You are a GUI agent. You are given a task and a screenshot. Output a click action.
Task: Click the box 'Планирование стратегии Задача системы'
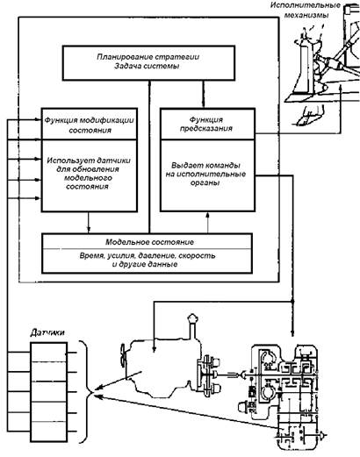pyautogui.click(x=148, y=62)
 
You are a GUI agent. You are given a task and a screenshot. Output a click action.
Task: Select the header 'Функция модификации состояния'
pyautogui.click(x=90, y=125)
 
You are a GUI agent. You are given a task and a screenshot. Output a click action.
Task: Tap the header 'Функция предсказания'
pyautogui.click(x=206, y=124)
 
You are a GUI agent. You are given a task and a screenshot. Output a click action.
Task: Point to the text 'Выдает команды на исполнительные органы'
pyautogui.click(x=205, y=174)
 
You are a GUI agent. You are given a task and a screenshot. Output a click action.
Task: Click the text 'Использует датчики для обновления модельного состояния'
pyautogui.click(x=89, y=173)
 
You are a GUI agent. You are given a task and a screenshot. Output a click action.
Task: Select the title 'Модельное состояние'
pyautogui.click(x=149, y=242)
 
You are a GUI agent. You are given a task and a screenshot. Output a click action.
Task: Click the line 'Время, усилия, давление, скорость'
pyautogui.click(x=148, y=255)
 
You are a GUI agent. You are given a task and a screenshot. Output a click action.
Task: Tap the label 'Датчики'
pyautogui.click(x=47, y=332)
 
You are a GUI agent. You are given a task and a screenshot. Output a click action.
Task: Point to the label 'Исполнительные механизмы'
pyautogui.click(x=306, y=10)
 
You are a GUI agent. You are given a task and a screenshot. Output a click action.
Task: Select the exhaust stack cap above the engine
pyautogui.click(x=191, y=318)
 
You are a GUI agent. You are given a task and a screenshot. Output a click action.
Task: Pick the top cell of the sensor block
pyautogui.click(x=48, y=353)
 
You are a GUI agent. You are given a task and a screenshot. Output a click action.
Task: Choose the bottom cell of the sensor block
pyautogui.click(x=48, y=432)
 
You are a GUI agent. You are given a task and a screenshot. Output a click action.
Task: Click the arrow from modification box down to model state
pyautogui.click(x=89, y=222)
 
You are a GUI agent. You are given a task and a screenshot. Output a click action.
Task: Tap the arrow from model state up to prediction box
pyautogui.click(x=207, y=223)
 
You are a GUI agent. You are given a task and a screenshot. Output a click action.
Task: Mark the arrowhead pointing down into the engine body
pyautogui.click(x=155, y=348)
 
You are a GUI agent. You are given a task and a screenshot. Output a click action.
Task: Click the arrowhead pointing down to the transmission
pyautogui.click(x=292, y=332)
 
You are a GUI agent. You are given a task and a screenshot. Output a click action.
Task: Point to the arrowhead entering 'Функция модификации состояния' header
pyautogui.click(x=38, y=119)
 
